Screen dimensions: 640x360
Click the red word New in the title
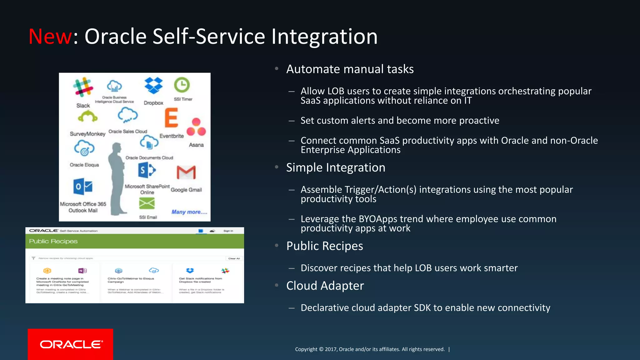(x=50, y=37)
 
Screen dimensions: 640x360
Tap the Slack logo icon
(x=83, y=87)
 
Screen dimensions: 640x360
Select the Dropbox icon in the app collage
(x=153, y=85)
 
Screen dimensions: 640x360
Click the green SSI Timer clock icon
(x=182, y=85)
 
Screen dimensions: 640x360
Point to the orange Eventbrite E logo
(x=171, y=118)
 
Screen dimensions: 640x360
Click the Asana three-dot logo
(x=196, y=127)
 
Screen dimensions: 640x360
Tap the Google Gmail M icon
(x=186, y=172)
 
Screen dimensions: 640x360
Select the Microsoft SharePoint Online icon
(x=147, y=170)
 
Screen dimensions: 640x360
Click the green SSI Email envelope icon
(x=147, y=203)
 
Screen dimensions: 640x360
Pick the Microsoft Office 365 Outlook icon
(x=83, y=187)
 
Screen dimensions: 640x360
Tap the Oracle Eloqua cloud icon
(x=84, y=148)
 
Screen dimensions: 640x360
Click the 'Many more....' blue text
(x=189, y=212)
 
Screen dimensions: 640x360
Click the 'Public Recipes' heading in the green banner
(x=53, y=241)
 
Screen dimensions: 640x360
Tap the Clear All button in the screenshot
(x=234, y=258)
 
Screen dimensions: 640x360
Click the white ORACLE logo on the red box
(x=71, y=344)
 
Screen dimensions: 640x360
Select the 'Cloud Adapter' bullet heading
(x=325, y=286)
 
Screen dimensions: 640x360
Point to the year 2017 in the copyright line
(x=331, y=349)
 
